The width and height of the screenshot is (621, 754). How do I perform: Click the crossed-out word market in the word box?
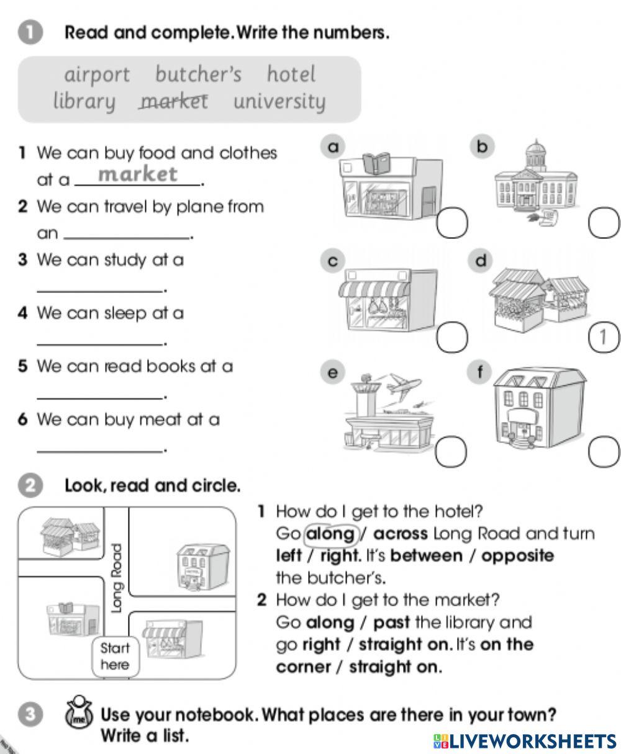173,101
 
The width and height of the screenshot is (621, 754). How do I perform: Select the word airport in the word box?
97,74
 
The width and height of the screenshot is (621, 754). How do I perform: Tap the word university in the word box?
279,101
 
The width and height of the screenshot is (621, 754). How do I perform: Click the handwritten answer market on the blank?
138,174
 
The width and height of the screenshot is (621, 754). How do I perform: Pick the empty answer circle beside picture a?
451,223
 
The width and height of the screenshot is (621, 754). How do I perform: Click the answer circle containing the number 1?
603,336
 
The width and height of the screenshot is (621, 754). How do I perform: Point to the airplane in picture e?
403,385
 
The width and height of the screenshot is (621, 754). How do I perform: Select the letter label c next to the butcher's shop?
333,261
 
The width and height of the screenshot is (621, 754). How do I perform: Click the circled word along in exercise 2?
330,534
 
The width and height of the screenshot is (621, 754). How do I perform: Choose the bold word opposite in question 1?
517,555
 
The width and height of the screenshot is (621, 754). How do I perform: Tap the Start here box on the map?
115,657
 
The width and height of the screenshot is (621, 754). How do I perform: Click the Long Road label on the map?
116,578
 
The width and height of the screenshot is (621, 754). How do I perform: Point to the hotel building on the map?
194,565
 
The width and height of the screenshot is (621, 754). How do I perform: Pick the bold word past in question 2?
392,622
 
